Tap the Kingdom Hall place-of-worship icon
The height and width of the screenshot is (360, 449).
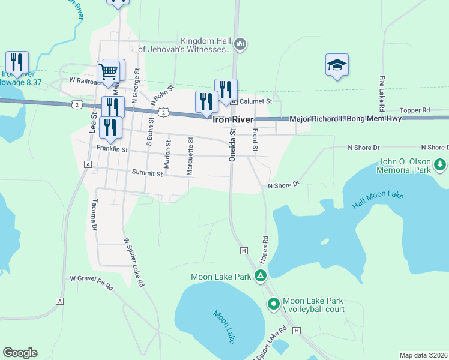240,43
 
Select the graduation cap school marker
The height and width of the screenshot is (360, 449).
337,65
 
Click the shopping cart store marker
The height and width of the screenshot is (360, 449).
109,72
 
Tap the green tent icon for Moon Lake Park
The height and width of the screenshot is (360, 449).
261,276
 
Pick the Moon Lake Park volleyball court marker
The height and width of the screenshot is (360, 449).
273,304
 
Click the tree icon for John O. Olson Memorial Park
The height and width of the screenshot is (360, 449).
440,163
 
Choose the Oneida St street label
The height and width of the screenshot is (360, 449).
232,147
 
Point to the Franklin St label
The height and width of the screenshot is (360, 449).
112,148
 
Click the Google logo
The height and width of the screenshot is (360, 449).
20,353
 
